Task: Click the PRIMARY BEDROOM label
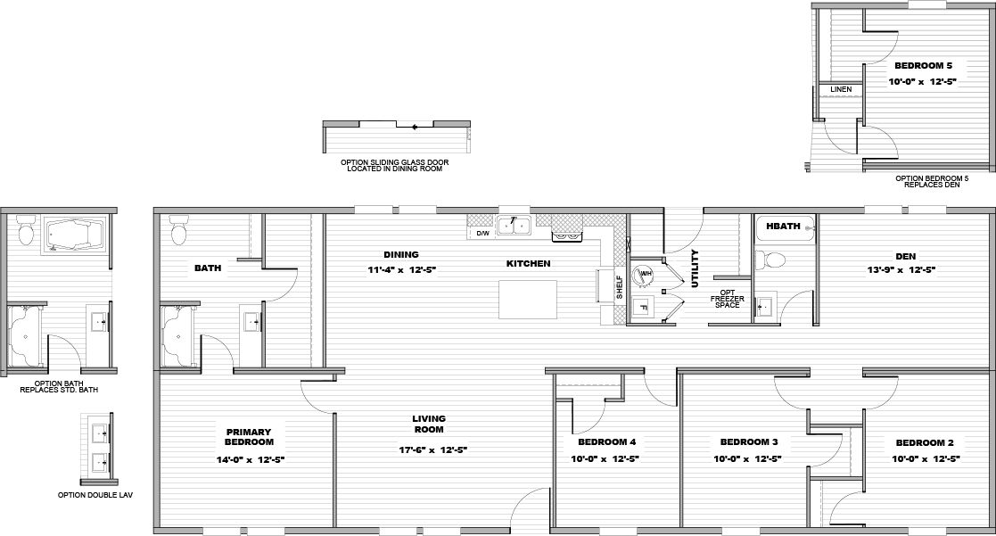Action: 249,436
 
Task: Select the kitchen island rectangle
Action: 527,299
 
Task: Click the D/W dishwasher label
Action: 482,234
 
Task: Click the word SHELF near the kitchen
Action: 619,286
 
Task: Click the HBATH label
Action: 783,227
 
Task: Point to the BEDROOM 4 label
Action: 606,442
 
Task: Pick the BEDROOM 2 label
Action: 925,442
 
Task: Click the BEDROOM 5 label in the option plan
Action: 924,66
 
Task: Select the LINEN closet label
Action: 840,89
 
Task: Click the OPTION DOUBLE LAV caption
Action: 95,494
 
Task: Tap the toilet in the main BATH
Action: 178,232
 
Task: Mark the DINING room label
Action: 401,254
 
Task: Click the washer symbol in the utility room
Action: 643,273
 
